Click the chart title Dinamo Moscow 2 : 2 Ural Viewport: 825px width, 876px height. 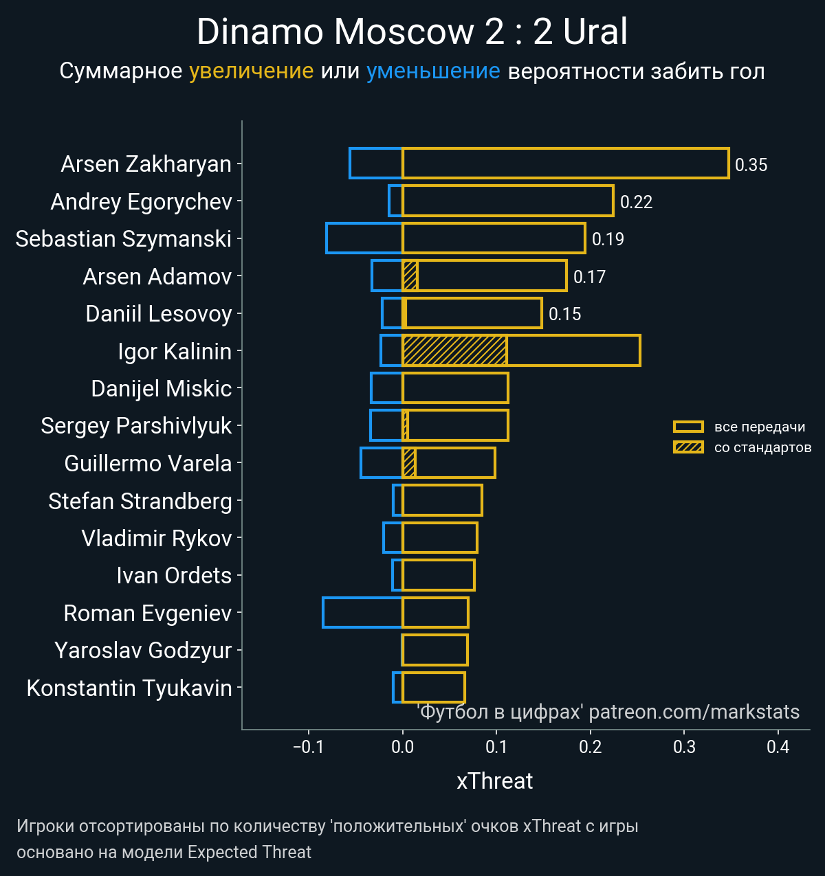coord(412,32)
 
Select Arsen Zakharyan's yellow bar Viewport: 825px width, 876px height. coord(565,164)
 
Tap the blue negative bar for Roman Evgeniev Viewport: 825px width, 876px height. coord(362,613)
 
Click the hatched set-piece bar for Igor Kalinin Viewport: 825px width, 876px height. coord(454,350)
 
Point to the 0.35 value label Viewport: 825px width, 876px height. coord(751,165)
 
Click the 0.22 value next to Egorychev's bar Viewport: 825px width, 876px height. coord(636,202)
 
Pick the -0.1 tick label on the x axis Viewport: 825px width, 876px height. coord(308,747)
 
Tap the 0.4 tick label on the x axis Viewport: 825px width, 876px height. coord(778,747)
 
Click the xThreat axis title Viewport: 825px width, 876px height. coord(494,781)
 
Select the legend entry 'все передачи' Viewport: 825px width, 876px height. coord(759,427)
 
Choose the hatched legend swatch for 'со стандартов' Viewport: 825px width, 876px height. coord(688,447)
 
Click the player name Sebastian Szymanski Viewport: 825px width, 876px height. coord(124,238)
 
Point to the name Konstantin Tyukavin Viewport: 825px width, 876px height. coord(129,688)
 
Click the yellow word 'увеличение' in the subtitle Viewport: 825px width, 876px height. coord(251,71)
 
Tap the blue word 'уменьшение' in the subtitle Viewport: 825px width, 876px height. coord(433,71)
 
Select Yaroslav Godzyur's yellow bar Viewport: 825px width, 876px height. coord(435,650)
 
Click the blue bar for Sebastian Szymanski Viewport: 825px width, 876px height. coord(364,238)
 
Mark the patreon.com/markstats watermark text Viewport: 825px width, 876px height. coord(694,712)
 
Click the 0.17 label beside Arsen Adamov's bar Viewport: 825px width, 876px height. coord(589,277)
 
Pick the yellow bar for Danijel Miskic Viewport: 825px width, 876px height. coord(455,388)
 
